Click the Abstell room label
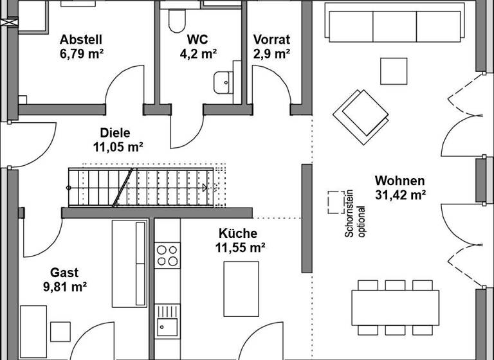click(x=81, y=39)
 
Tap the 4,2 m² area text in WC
click(x=198, y=53)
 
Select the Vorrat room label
click(x=271, y=39)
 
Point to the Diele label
click(x=116, y=133)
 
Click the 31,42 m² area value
click(x=400, y=195)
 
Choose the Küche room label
click(x=237, y=233)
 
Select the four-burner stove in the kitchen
click(x=167, y=255)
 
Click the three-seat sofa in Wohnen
click(x=393, y=24)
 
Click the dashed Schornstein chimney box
click(x=335, y=202)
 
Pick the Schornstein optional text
click(x=356, y=222)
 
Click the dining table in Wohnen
click(x=395, y=308)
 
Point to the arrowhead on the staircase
click(x=205, y=188)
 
